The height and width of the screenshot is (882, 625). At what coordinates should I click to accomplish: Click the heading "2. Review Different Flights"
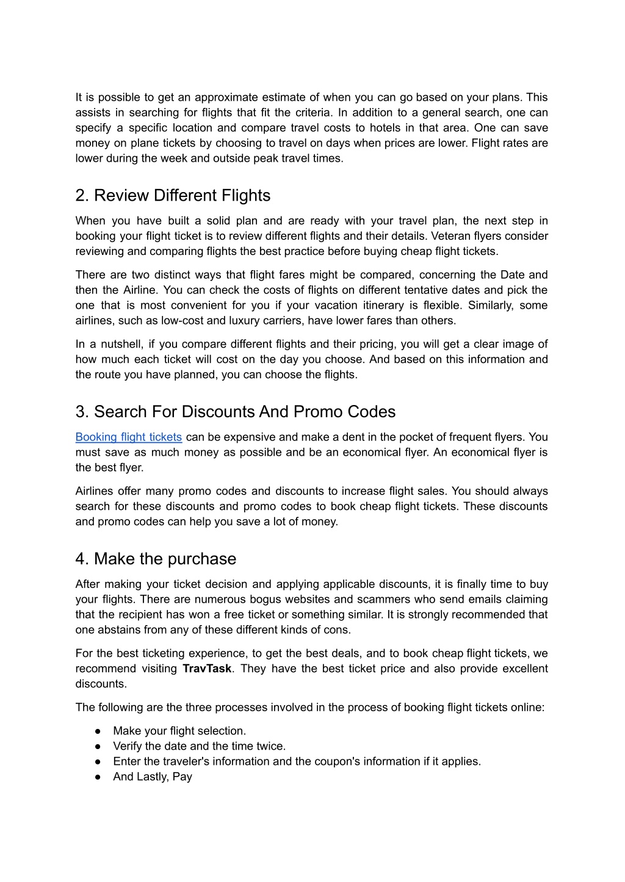173,196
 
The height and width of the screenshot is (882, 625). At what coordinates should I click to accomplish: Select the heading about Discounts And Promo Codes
235,412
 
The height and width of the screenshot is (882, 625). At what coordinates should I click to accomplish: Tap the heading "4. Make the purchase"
156,559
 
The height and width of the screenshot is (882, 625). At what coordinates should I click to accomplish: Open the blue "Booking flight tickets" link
128,437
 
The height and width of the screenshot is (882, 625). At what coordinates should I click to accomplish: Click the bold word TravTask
207,669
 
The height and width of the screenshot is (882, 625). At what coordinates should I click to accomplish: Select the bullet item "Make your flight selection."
179,731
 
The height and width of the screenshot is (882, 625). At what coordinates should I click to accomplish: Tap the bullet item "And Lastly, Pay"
153,776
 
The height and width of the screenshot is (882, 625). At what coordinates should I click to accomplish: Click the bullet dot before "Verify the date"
98,747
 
